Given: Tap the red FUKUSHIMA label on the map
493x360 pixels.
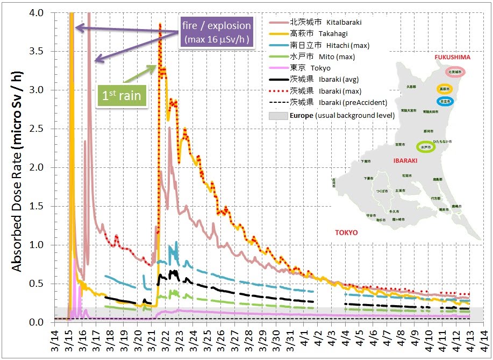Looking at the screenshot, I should (452, 57).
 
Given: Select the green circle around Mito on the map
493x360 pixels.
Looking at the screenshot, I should (426, 146).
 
